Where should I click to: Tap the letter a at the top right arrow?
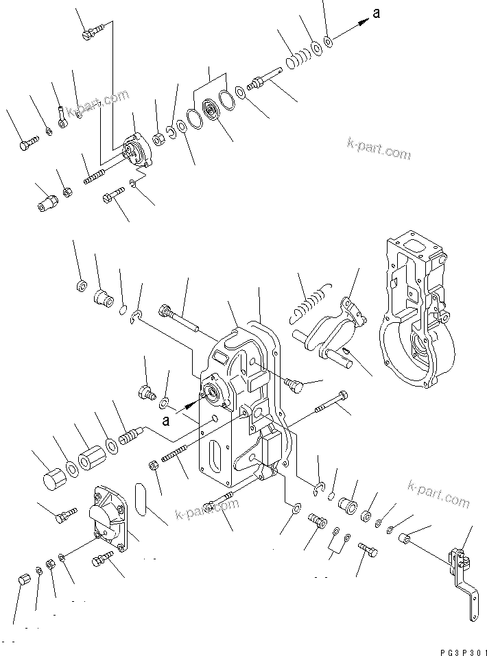pyautogui.click(x=376, y=13)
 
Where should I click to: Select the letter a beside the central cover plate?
pyautogui.click(x=165, y=420)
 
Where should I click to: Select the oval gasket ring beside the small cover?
pyautogui.click(x=142, y=498)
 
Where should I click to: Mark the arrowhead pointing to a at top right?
pyautogui.click(x=360, y=23)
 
